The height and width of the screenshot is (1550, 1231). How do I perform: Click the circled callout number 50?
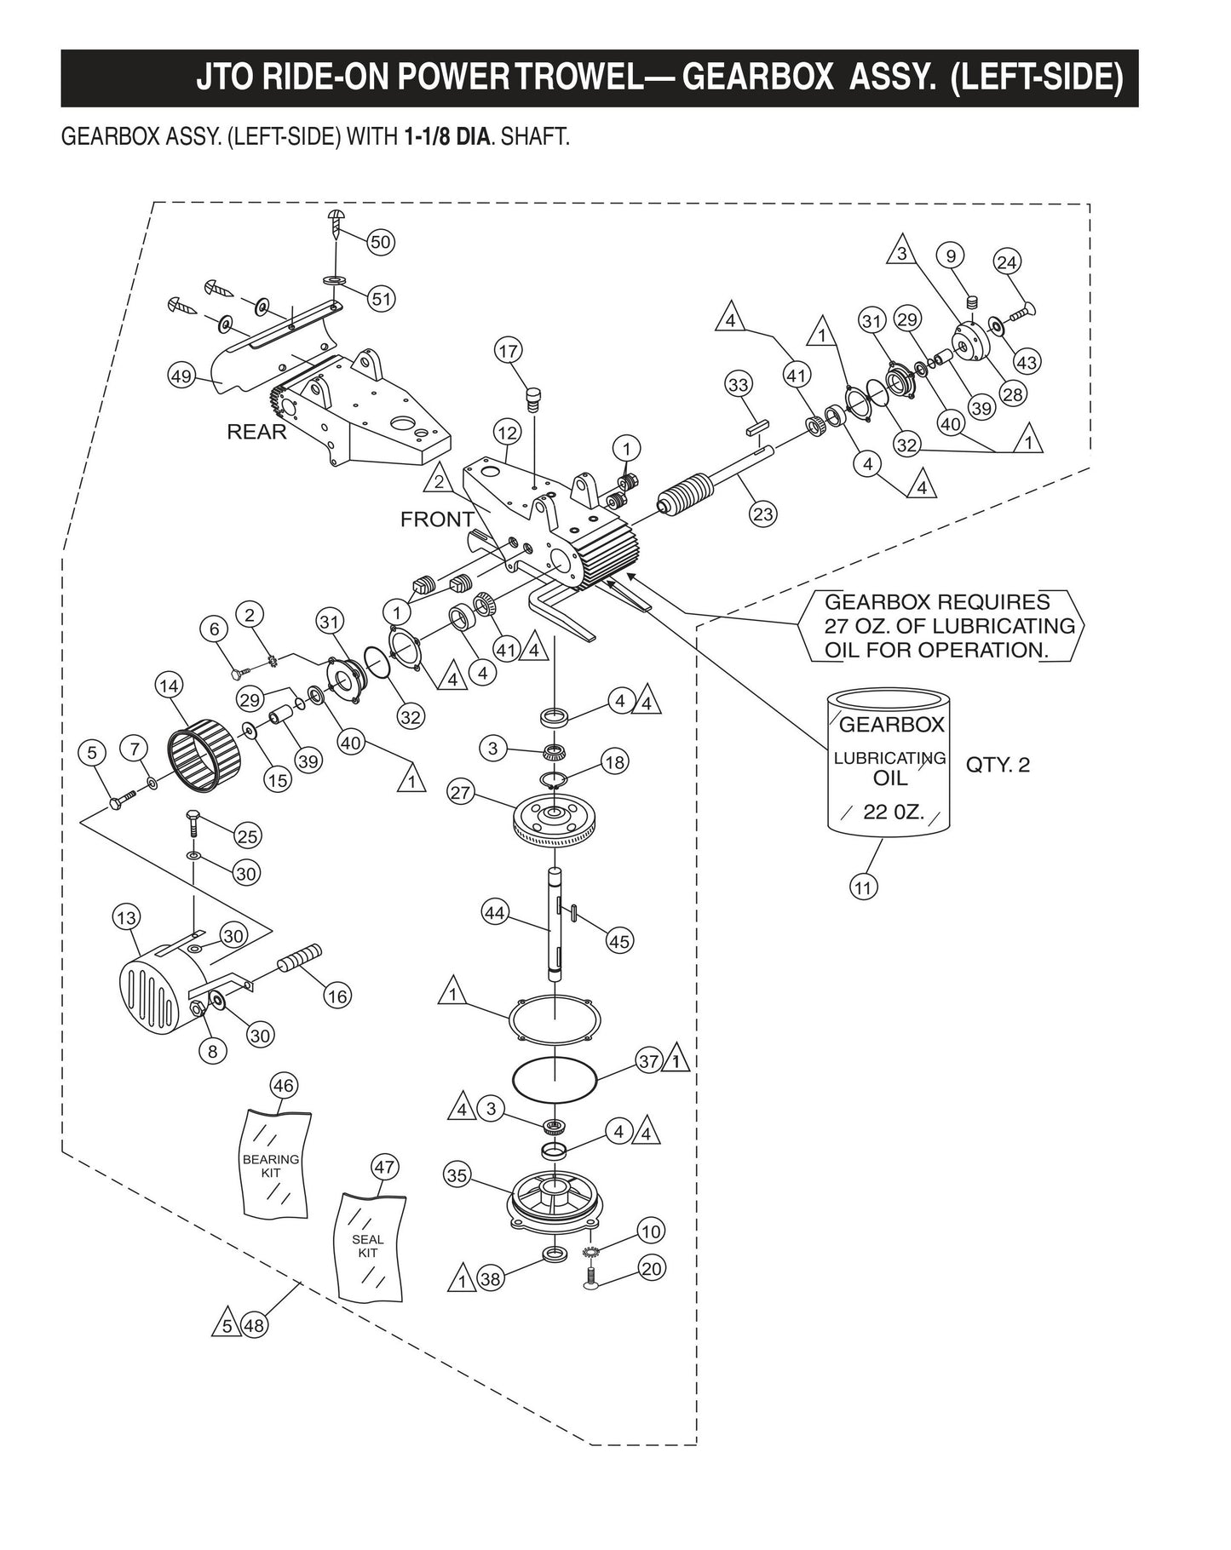tap(380, 242)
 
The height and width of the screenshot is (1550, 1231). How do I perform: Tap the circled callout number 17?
tap(509, 350)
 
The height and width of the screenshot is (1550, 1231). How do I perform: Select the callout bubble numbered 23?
tap(763, 514)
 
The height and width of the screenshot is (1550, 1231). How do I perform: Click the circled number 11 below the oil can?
tap(864, 887)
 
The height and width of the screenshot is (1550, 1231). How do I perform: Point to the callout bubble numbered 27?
tap(461, 792)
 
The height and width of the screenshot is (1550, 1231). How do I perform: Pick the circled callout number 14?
tap(170, 685)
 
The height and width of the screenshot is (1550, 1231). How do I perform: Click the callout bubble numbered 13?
tap(127, 918)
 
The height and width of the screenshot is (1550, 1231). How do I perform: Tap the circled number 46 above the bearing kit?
tap(284, 1086)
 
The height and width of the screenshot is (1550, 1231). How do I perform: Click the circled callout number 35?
tap(457, 1176)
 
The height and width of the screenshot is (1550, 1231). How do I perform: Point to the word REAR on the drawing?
tap(256, 432)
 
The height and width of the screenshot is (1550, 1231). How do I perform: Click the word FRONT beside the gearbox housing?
tap(437, 519)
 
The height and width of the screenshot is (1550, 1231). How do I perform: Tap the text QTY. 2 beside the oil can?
tap(998, 765)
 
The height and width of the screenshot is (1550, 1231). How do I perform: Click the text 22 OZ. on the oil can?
tap(894, 812)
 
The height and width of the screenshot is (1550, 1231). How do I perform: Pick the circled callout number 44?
tap(495, 914)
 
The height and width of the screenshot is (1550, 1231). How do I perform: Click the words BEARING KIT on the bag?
tap(271, 1166)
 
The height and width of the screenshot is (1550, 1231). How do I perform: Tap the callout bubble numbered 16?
tap(338, 996)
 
